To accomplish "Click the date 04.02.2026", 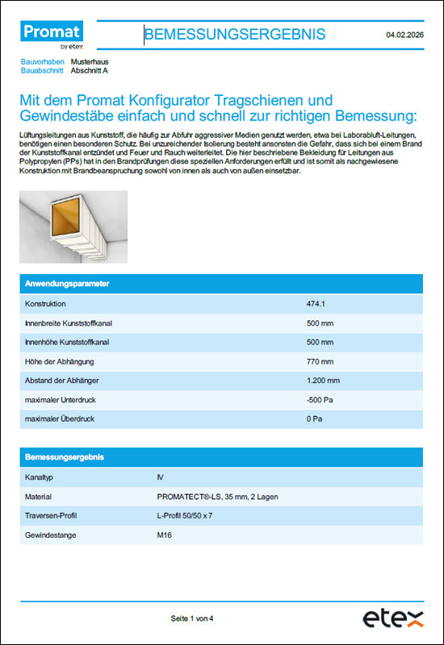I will click(x=405, y=35).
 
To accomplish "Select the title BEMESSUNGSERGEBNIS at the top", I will click(x=235, y=34).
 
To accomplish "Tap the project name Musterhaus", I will click(x=90, y=61).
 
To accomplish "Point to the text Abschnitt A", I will click(x=89, y=71).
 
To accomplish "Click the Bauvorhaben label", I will click(x=42, y=61).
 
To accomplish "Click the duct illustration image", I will click(x=73, y=227).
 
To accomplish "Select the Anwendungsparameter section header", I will click(x=68, y=285).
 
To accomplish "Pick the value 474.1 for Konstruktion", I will click(x=316, y=304).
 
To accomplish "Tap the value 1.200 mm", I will click(x=323, y=381).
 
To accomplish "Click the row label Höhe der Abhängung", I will click(x=61, y=361).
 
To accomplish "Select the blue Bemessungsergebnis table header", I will click(x=65, y=457).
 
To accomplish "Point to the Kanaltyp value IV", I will click(x=160, y=477).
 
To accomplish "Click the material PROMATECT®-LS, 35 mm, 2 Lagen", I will click(x=217, y=497).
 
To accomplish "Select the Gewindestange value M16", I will click(x=165, y=535).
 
